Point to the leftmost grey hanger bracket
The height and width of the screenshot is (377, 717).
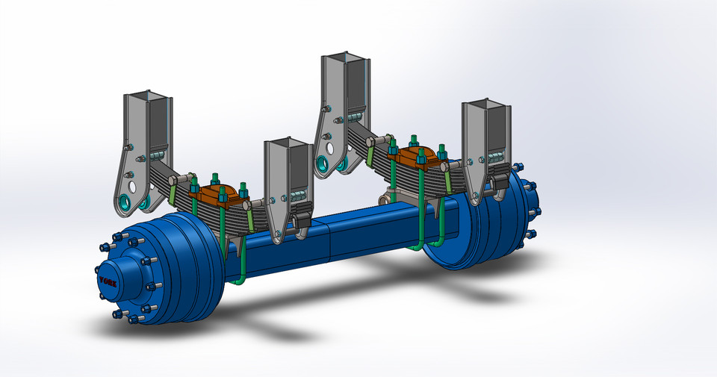pos(146,149)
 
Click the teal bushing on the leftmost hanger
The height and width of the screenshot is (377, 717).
pos(124,202)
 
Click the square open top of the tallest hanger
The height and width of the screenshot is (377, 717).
pos(344,59)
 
